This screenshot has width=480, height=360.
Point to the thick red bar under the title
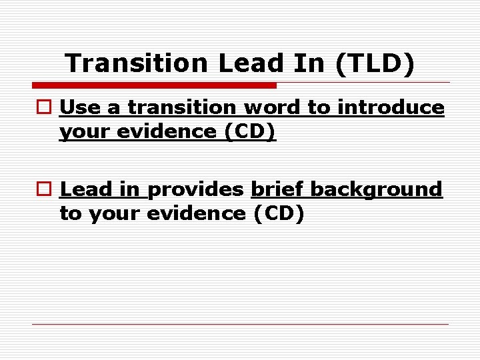tap(154, 85)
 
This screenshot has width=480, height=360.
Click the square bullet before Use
tap(44, 107)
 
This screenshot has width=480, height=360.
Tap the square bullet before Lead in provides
tap(44, 190)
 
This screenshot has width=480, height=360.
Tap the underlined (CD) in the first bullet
tap(250, 132)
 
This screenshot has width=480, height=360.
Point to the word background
tap(376, 190)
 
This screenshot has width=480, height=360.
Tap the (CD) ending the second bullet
tap(279, 214)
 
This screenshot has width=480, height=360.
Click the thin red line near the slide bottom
tap(240, 325)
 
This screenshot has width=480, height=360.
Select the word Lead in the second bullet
tap(85, 189)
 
